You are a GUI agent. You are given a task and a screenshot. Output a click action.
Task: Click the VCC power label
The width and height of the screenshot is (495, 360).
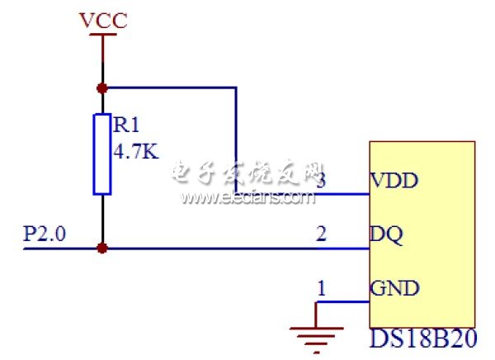[x=103, y=20]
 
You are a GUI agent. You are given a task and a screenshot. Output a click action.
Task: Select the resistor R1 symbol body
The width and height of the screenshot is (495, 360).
[x=101, y=154]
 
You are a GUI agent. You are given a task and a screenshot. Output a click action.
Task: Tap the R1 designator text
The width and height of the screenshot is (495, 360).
[x=127, y=126]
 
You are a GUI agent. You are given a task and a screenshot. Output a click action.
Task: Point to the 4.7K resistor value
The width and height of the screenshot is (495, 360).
[x=134, y=151]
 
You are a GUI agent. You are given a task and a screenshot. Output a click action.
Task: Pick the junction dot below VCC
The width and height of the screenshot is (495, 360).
[x=101, y=87]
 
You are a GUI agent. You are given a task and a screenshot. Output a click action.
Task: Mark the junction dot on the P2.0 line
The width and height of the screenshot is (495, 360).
[x=101, y=247]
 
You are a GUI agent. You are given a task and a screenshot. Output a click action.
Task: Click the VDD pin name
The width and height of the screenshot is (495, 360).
[x=394, y=180]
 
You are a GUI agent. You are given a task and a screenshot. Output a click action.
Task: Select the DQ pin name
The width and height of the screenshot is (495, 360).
[x=386, y=234]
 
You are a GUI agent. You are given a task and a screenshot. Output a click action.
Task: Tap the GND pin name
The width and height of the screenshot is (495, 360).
[x=395, y=289]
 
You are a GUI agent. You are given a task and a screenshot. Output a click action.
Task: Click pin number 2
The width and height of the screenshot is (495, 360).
[x=322, y=234]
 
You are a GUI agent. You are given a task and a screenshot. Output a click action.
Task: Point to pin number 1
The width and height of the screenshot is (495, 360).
[x=322, y=288]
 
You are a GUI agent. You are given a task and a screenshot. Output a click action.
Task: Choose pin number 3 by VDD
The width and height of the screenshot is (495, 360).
[x=322, y=179]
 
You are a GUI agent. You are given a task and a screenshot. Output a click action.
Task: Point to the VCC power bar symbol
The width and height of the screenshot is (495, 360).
[x=101, y=37]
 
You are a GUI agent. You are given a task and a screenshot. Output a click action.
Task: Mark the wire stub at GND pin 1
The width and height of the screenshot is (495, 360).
[x=342, y=302]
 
